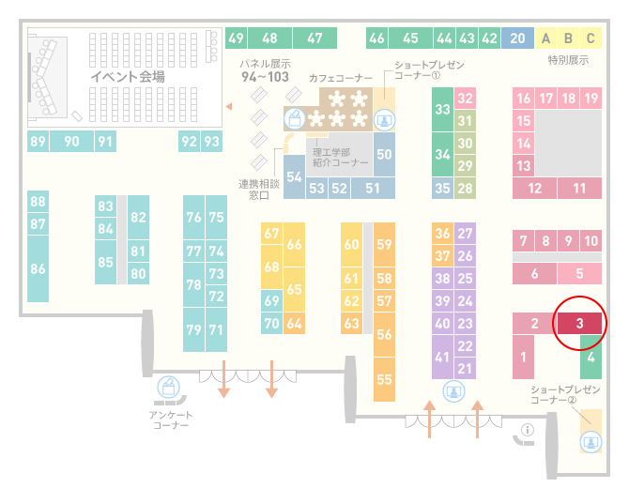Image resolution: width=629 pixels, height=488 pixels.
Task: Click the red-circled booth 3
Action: click(x=579, y=323)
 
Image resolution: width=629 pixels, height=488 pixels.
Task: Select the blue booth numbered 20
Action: click(x=517, y=38)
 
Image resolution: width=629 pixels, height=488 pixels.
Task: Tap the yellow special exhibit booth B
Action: click(x=568, y=38)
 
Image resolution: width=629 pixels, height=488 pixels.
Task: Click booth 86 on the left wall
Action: click(x=38, y=268)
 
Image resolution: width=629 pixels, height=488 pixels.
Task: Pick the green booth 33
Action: click(x=442, y=109)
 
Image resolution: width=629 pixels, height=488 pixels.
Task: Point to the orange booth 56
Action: click(x=384, y=334)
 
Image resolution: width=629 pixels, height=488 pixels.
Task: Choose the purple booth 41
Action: click(x=442, y=357)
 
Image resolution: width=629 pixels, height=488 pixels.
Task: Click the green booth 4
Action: click(x=591, y=357)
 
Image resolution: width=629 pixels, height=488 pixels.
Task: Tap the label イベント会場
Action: click(x=128, y=76)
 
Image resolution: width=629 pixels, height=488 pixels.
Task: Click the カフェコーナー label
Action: click(x=341, y=78)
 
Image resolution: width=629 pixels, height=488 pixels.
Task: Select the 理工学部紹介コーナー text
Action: click(x=340, y=157)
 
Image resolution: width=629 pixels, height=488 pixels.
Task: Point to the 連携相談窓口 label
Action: click(x=259, y=190)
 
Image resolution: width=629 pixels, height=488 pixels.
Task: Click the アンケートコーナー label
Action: click(x=171, y=419)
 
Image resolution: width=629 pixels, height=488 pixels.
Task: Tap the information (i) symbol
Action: click(x=527, y=430)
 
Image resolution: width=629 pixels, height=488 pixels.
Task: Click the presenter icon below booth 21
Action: click(x=453, y=391)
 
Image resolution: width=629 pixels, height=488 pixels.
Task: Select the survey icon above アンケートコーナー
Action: click(x=168, y=388)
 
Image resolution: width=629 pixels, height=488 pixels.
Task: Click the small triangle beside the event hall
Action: click(x=229, y=106)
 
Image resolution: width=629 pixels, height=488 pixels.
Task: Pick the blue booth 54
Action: click(x=294, y=176)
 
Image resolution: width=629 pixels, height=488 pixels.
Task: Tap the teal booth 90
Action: click(x=71, y=141)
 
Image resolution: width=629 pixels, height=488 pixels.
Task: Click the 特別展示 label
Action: click(x=568, y=60)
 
